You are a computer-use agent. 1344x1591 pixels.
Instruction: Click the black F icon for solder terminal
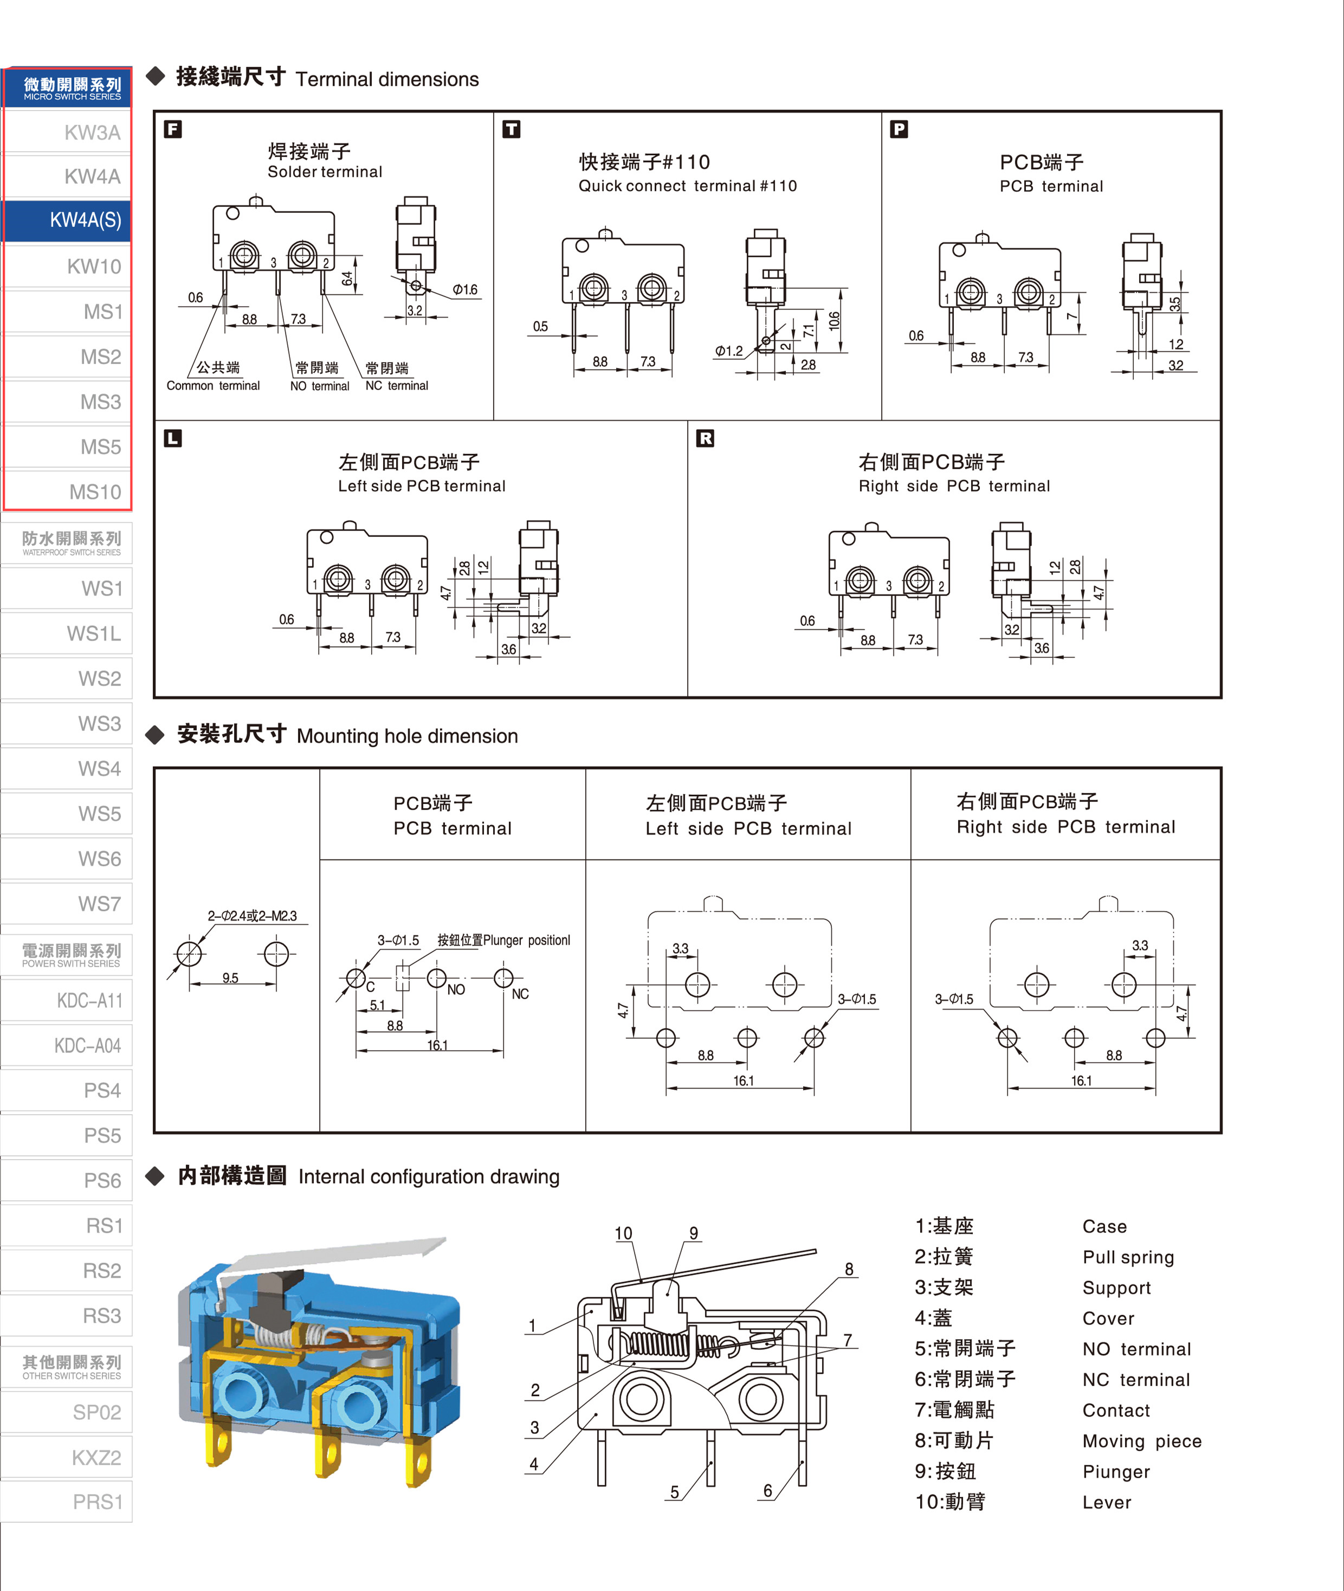173,129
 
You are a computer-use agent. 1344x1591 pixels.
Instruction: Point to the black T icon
511,129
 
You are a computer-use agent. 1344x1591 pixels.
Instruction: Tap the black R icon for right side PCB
706,438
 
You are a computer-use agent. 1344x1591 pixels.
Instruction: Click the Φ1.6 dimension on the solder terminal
465,289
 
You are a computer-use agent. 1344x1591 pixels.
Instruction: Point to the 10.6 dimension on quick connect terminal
834,320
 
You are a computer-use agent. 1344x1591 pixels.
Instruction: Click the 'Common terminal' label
214,386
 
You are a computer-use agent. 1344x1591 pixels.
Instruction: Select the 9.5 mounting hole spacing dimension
230,978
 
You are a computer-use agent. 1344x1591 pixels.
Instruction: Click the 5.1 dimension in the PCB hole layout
377,1005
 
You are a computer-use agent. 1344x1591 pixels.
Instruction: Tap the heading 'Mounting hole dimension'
408,736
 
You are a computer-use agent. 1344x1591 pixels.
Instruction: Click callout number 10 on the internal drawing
623,1233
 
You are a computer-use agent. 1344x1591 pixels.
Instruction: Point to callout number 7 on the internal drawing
847,1340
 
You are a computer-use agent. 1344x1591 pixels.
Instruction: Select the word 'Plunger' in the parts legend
1116,1471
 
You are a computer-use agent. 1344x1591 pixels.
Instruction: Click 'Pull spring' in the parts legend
1128,1257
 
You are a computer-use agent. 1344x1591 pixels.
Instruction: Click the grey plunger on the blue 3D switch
270,1295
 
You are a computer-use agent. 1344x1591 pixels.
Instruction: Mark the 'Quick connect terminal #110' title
688,186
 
